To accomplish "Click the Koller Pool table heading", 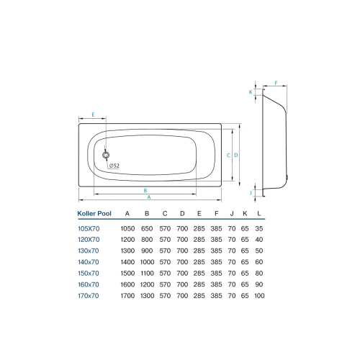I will coord(95,213).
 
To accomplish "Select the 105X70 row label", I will coord(89,228).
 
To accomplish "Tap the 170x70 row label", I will coord(89,296).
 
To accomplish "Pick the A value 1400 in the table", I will coord(127,261).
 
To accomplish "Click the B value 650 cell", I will coord(147,228).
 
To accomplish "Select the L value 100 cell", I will coord(259,296).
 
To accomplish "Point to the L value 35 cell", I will coord(259,228).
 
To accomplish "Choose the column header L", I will coord(259,213).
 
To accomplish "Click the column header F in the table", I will coord(217,213).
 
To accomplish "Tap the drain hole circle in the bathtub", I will coord(106,154).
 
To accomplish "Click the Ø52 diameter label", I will coord(114,166).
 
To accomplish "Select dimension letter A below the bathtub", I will coord(149,197).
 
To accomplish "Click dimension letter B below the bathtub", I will coord(146,190).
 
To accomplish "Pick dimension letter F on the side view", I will coord(276,84).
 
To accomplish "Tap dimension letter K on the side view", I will coord(251,92).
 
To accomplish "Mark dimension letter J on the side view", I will coord(251,192).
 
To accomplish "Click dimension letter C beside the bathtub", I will coord(228,155).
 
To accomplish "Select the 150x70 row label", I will coord(89,273).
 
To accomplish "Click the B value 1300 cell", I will coord(147,296).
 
